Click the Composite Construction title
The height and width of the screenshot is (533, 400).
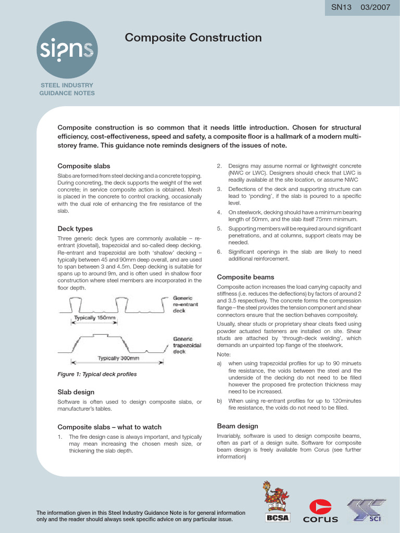coord(193,37)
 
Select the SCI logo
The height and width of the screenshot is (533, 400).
coord(367,510)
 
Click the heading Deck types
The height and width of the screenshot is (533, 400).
coord(75,229)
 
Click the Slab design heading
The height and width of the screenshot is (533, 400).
coord(76,391)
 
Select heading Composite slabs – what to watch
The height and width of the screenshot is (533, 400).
coord(109,427)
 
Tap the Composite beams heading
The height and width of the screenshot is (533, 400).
coord(245,277)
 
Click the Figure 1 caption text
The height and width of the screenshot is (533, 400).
coord(97,374)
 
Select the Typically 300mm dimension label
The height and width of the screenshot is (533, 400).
coord(118,358)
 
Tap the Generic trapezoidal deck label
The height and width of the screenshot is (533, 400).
coord(186,345)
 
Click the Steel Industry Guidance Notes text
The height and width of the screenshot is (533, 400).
coord(67,89)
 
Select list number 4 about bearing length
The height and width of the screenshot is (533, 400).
coord(219,212)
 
